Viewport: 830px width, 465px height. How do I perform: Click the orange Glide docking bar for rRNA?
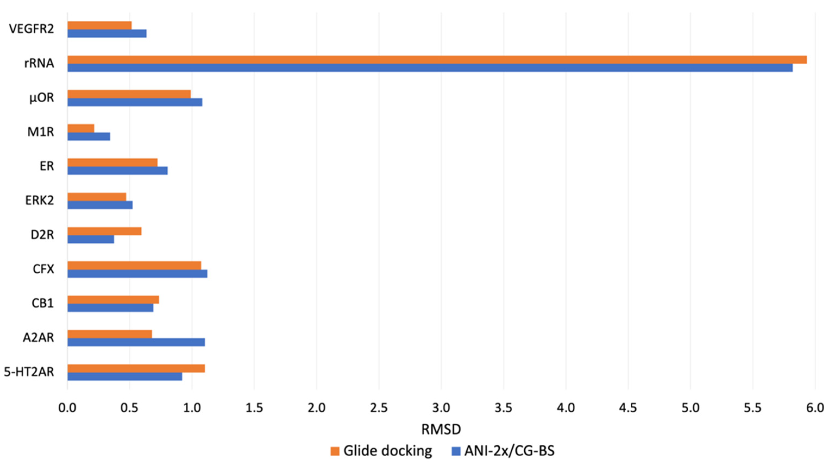(437, 60)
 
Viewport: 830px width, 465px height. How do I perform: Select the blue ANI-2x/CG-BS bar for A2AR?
(136, 342)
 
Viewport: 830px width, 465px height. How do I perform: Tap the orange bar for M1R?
(81, 128)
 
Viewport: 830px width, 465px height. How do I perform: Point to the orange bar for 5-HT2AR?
(136, 368)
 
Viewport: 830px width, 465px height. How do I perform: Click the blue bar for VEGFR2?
(107, 33)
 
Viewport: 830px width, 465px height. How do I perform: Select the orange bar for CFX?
(134, 265)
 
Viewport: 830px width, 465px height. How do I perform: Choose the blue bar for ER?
(118, 171)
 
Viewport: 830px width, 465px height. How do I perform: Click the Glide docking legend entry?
(381, 451)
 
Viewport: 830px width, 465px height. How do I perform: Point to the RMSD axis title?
(441, 429)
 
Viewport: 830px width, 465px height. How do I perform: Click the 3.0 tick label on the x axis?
(441, 408)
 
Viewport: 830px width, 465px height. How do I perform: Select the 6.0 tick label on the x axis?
(815, 408)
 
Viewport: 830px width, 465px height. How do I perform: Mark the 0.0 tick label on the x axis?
(67, 408)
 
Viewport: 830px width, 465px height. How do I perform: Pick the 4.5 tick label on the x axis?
(628, 408)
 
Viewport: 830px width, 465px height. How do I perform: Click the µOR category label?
(42, 98)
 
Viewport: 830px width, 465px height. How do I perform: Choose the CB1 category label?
(43, 303)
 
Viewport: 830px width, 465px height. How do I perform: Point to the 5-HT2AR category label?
(29, 372)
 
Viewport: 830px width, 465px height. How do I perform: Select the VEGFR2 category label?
(31, 29)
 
